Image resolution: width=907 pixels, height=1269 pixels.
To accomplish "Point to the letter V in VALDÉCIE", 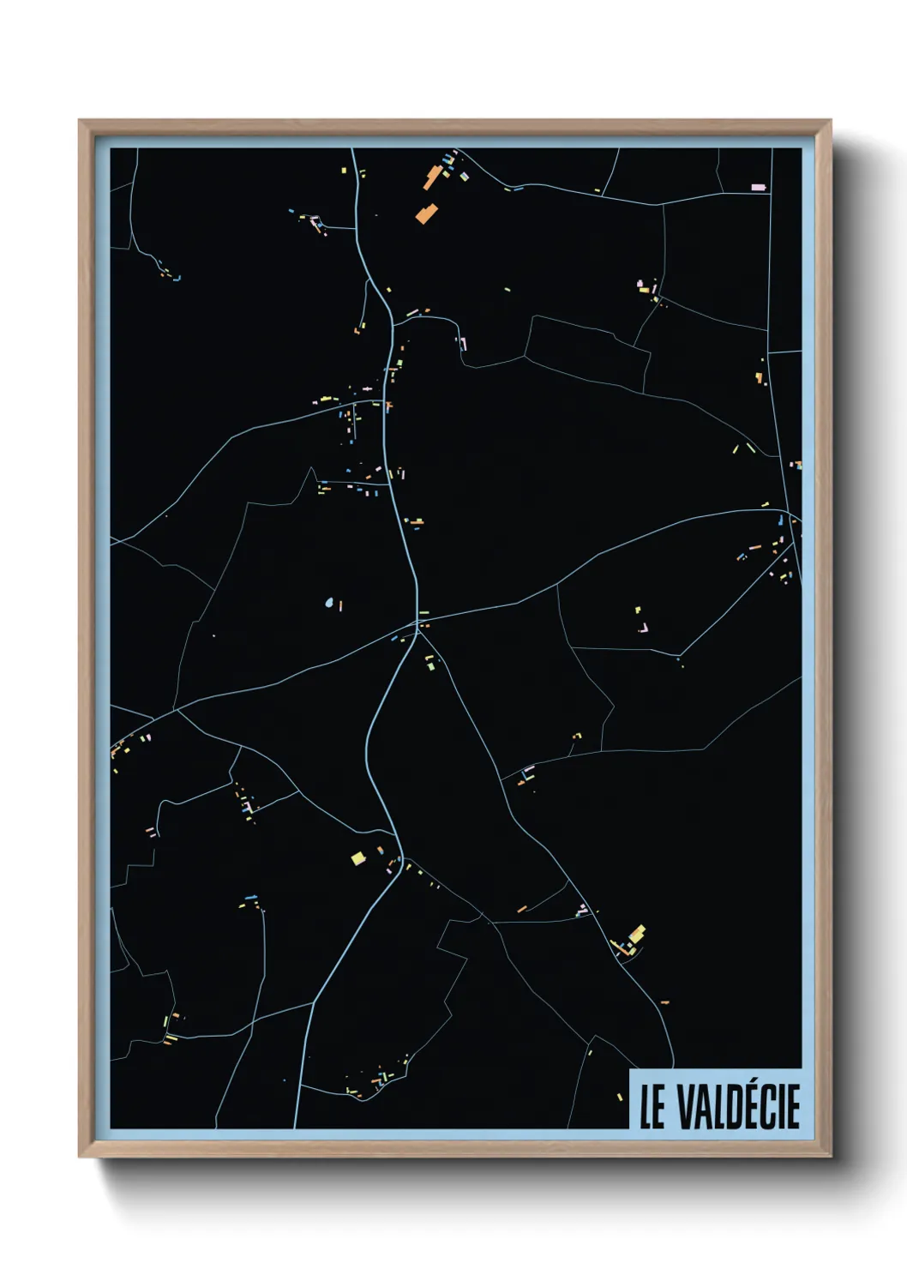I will coord(687,1107).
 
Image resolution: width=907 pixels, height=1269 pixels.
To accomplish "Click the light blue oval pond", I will coord(329,603).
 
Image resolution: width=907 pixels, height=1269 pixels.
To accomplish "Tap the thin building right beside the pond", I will coord(340,606).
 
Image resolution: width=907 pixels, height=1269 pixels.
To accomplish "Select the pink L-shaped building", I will coord(643,628).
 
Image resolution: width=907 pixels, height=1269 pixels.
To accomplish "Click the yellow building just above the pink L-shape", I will coord(638,610).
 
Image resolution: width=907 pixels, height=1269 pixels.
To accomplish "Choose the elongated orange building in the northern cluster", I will coord(431,177).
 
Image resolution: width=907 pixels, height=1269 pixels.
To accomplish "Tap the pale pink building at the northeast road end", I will coord(758,187).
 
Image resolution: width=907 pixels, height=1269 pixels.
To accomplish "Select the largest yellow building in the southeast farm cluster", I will coord(637,933).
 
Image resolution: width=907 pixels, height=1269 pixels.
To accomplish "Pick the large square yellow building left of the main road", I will coord(358,857).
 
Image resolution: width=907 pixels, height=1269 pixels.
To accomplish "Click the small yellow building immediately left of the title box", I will coord(620,1097).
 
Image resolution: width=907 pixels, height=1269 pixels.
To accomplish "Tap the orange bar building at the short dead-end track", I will coord(521,908).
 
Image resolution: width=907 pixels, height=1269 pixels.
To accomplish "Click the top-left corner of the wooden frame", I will coord(80,121).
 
